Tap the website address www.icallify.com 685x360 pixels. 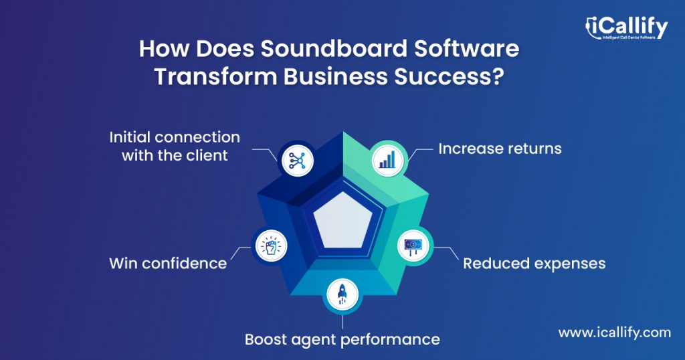pos(614,332)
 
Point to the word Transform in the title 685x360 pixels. pos(215,76)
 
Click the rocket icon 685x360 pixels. pos(342,294)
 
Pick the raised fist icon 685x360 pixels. pos(270,245)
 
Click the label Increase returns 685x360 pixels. pos(500,148)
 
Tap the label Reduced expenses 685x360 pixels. pos(534,263)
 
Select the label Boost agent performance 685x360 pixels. pos(342,339)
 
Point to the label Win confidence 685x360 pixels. pos(168,263)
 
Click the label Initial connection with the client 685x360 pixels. pos(175,146)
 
